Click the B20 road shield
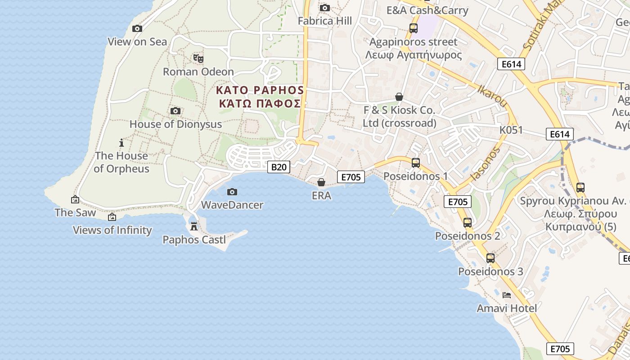coord(279,167)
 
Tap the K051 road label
coord(511,130)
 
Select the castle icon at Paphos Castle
coord(194,226)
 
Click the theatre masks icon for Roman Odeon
coord(198,58)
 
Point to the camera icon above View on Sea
coord(137,28)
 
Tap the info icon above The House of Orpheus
coord(121,143)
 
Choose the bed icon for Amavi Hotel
coord(507,295)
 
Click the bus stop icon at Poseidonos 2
coord(468,222)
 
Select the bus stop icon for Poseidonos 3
coord(490,258)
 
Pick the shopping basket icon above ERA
coord(321,182)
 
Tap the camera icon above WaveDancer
coord(232,192)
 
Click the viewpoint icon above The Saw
coord(75,199)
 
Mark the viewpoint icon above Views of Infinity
coord(112,217)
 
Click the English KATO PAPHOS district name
coord(260,90)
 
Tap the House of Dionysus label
coord(175,124)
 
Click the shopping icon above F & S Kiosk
coord(399,97)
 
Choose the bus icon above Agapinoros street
coord(413,28)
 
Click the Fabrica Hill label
coord(325,21)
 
